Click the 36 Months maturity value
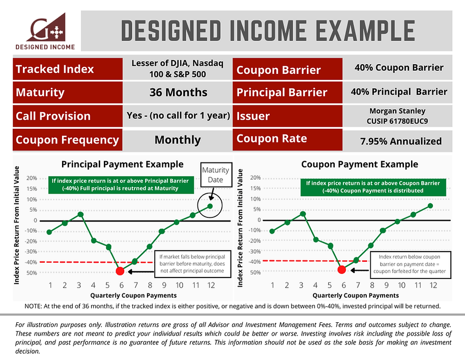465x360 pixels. [178, 93]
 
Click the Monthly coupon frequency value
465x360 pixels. [178, 140]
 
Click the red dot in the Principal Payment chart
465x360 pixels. [120, 271]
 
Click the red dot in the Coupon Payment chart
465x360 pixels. [341, 270]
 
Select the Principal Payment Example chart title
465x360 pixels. [122, 164]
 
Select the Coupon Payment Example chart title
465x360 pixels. [360, 164]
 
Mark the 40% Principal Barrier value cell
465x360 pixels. [399, 92]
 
